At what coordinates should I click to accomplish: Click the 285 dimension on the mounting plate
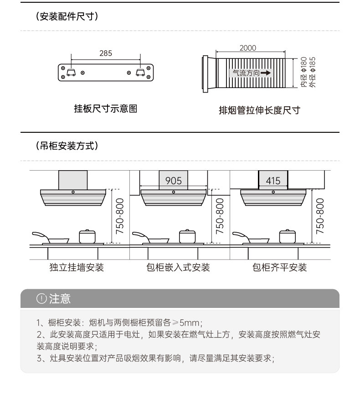pos(106,53)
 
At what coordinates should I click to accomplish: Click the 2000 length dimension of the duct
pos(248,48)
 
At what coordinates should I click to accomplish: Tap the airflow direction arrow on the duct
pos(266,73)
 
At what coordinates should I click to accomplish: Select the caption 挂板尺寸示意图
pos(105,109)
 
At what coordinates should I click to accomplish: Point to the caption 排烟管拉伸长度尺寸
pos(259,110)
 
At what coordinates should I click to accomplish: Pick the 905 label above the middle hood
pos(173,181)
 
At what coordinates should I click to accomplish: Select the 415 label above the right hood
pos(273,181)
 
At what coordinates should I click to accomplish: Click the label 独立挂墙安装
pos(77,267)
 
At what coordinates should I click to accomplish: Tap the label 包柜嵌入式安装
pos(178,267)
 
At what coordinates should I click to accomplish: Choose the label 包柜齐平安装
pos(280,267)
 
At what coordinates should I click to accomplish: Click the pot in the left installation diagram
pos(87,236)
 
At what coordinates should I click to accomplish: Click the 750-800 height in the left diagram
pos(120,216)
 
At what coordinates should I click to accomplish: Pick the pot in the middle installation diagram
pos(187,236)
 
